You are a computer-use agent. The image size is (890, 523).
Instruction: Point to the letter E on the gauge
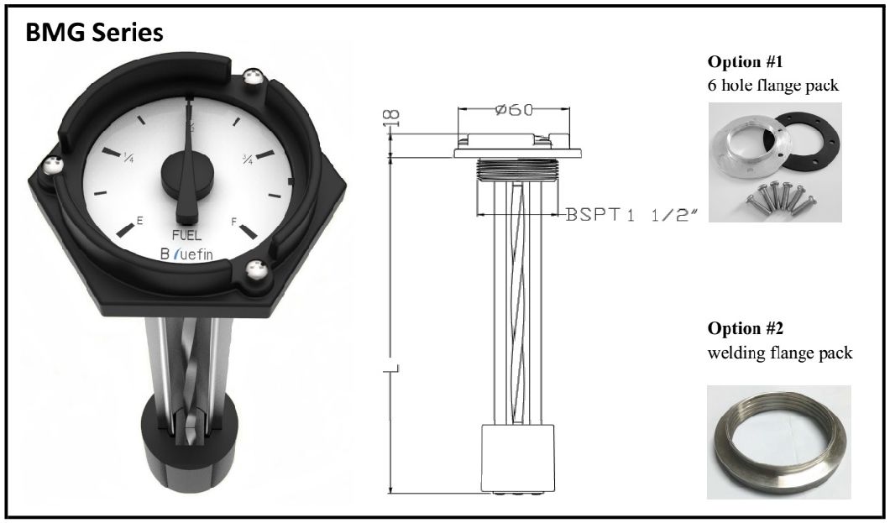tap(139, 220)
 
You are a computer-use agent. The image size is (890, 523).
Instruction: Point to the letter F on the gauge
tap(233, 222)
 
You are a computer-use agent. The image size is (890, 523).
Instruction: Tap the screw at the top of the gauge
tap(250, 78)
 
